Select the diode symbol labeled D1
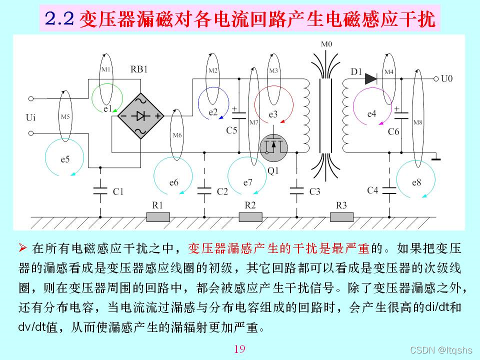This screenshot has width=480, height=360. (370, 78)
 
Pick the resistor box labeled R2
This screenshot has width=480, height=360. (250, 216)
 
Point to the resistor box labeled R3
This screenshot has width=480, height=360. (341, 216)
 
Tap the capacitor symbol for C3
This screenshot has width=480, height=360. (297, 190)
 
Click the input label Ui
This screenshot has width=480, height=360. (30, 118)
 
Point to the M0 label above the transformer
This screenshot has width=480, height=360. (326, 44)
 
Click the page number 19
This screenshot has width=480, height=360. (239, 348)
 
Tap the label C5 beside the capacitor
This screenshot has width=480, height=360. (231, 130)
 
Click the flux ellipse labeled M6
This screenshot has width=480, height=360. (176, 134)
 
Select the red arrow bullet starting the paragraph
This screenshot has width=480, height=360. (22, 247)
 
